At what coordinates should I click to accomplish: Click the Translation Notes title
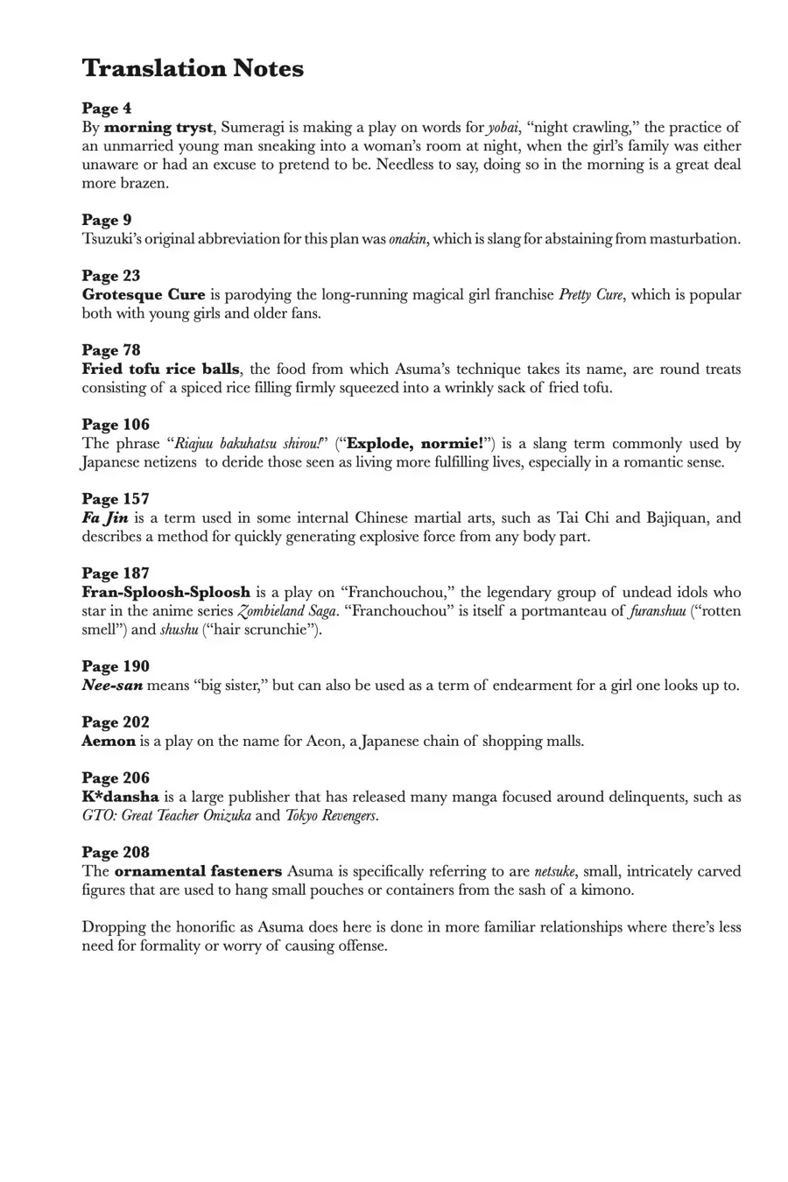(193, 68)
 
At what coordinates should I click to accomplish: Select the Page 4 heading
(107, 109)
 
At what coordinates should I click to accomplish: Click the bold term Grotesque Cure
(144, 294)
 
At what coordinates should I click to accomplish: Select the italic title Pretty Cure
(590, 294)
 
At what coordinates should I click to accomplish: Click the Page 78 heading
(111, 350)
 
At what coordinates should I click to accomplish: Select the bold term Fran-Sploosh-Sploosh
(166, 592)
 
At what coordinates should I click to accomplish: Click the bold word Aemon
(109, 741)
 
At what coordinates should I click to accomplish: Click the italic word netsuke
(555, 871)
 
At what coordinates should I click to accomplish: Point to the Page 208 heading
(116, 852)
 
